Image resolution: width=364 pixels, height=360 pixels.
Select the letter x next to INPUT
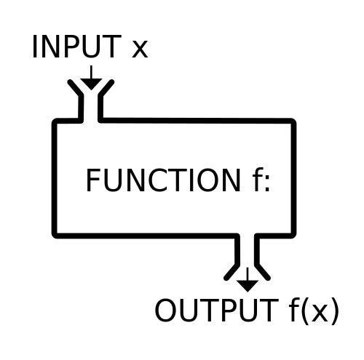(x=138, y=49)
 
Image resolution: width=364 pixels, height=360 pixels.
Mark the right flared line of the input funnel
(x=105, y=92)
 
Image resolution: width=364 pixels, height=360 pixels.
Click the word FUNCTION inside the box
(x=160, y=180)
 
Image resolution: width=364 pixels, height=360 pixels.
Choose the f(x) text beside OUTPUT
(x=309, y=311)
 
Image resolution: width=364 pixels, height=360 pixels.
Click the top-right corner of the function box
(x=293, y=121)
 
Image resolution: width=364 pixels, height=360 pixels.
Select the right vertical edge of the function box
(x=293, y=178)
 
